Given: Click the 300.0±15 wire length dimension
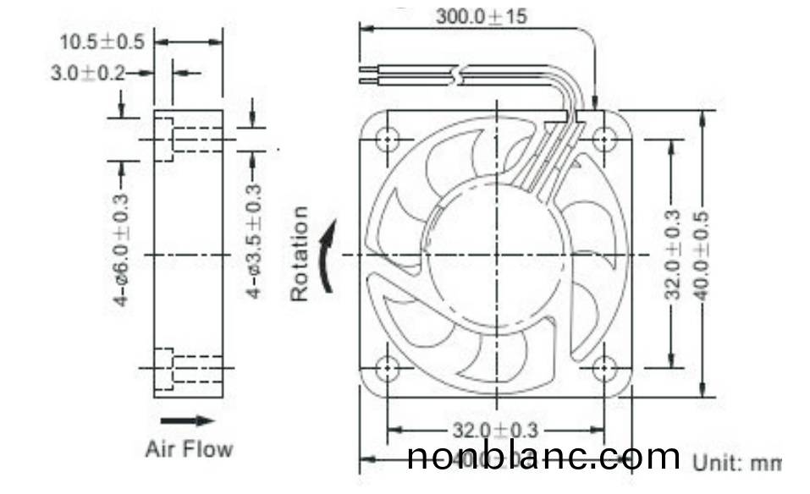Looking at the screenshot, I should tap(481, 16).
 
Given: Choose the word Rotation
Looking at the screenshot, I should tap(300, 254).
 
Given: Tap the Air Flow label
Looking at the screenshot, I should tap(189, 448).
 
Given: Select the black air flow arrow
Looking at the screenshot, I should tap(187, 420).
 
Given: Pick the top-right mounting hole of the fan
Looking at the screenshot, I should tap(603, 139).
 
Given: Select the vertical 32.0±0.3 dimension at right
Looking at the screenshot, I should tap(672, 254).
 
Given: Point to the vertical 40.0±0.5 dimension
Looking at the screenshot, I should tap(702, 254).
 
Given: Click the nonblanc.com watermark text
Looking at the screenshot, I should tap(543, 458).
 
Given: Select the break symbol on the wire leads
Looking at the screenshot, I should tap(458, 75).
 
